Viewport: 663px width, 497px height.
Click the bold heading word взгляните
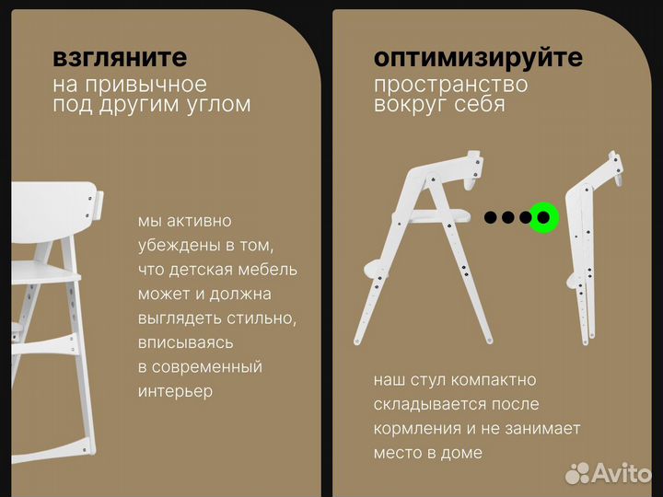120,58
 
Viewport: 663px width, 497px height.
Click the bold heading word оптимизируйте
478,58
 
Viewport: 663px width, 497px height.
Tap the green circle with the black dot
544,217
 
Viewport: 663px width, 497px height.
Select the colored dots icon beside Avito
577,473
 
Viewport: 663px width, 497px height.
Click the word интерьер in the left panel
175,391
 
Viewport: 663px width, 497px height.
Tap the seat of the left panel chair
41,272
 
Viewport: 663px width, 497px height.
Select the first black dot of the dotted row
491,217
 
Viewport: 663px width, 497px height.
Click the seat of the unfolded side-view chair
433,217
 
